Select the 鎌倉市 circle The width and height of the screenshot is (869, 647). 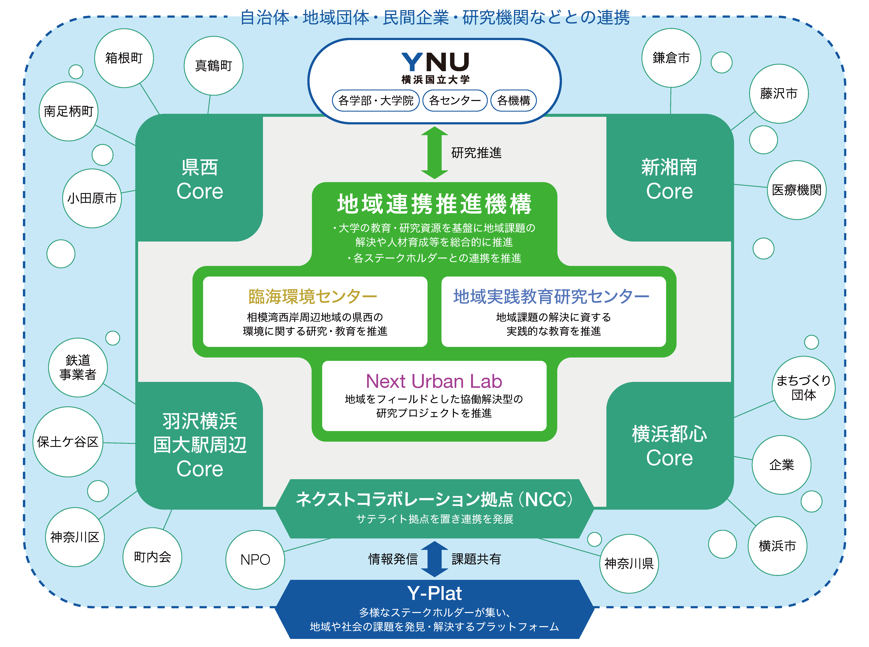(x=671, y=58)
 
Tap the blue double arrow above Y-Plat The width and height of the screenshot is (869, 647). (x=434, y=559)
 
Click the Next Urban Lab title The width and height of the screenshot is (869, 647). (x=434, y=381)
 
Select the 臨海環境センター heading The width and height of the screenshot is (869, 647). (x=313, y=296)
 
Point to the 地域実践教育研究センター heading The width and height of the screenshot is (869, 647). (x=551, y=296)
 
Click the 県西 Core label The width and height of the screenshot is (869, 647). (x=200, y=179)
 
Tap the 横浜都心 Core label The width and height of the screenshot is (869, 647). (x=669, y=446)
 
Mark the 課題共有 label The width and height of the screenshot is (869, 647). (x=476, y=559)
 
